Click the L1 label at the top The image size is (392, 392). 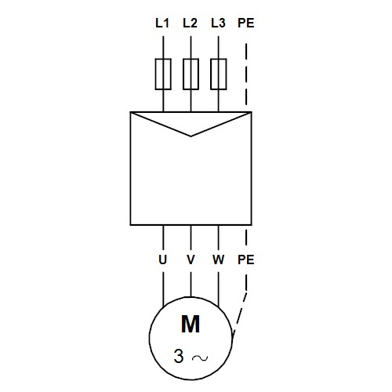162,23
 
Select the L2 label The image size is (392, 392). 190,23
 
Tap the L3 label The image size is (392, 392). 218,23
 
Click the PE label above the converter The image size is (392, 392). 246,23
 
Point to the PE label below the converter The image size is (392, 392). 246,260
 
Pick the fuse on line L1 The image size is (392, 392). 163,74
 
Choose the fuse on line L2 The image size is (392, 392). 191,74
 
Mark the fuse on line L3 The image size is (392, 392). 219,74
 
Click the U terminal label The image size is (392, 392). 162,260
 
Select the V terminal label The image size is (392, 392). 191,260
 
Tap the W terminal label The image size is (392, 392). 218,260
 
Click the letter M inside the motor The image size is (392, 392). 191,324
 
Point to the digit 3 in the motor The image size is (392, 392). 179,356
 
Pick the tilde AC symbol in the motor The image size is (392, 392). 200,358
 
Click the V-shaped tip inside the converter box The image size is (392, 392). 191,136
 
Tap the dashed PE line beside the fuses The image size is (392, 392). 246,74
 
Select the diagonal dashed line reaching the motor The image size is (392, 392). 239,313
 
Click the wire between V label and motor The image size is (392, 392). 191,285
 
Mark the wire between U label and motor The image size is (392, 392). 163,289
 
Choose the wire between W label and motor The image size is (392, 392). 219,289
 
